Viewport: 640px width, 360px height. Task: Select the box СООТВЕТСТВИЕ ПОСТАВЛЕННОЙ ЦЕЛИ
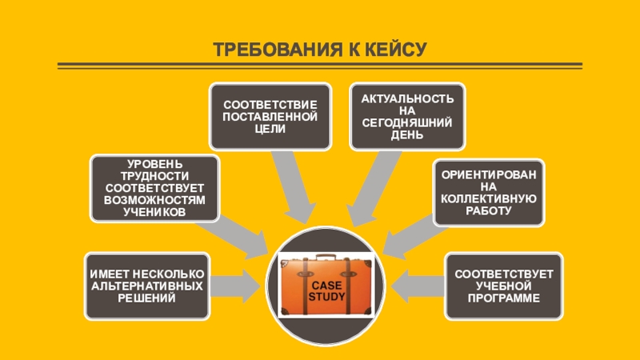(270, 116)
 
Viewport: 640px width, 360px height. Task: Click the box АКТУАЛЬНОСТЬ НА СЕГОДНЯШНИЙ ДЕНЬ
(408, 116)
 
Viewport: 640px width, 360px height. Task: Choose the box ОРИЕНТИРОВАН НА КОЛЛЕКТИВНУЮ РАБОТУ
(488, 192)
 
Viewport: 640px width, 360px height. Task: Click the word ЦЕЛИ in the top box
(270, 130)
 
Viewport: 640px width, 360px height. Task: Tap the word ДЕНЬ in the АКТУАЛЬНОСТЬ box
(408, 136)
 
